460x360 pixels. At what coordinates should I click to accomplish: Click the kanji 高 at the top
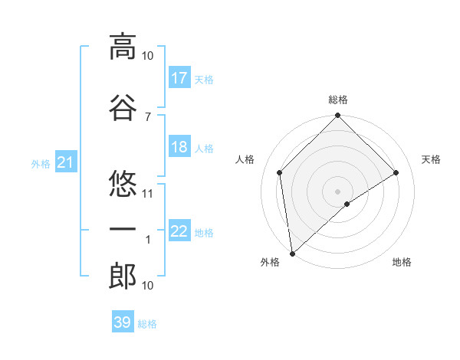123,47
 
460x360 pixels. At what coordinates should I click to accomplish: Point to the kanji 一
123,230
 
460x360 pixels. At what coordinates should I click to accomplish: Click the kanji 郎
123,277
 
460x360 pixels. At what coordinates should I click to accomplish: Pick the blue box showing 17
179,77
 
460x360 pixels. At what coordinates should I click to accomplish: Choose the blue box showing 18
179,147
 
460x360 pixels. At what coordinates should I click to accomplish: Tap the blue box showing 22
179,231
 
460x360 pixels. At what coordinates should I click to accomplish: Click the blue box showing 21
66,162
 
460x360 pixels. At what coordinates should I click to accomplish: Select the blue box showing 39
123,322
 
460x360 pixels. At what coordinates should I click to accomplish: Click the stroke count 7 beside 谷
148,116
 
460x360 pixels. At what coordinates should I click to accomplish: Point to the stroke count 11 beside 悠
148,193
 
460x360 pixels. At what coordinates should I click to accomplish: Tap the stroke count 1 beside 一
148,240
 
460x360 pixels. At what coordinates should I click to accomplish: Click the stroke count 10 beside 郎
148,286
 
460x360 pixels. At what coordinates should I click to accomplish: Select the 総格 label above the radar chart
338,100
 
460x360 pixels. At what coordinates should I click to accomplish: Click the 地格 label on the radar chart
402,262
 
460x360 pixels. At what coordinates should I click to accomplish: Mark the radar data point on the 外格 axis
291,254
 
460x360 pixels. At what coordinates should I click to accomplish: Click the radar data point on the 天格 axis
396,172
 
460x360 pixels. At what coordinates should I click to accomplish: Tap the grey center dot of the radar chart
338,191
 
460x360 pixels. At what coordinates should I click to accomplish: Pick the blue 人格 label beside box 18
204,149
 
